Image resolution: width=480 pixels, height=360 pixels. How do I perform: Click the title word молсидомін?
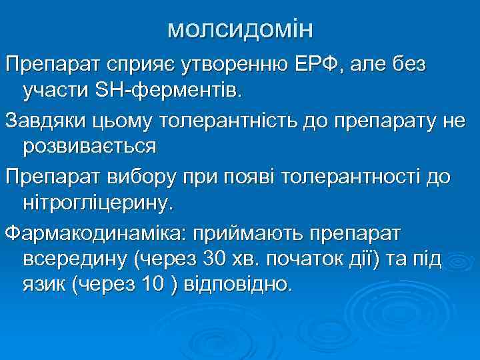[240, 29]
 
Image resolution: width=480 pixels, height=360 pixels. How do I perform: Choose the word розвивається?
[90, 146]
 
